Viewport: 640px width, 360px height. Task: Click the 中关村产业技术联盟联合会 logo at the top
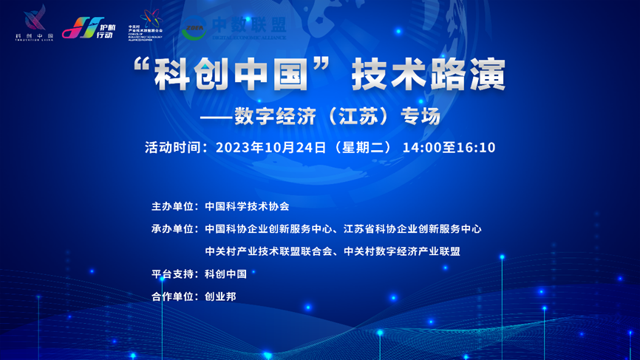145,27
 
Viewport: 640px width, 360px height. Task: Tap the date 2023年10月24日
270,147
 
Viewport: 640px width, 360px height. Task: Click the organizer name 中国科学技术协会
247,206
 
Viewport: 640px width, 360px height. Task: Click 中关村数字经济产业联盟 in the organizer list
402,251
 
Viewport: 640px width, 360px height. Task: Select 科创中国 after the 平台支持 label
225,274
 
